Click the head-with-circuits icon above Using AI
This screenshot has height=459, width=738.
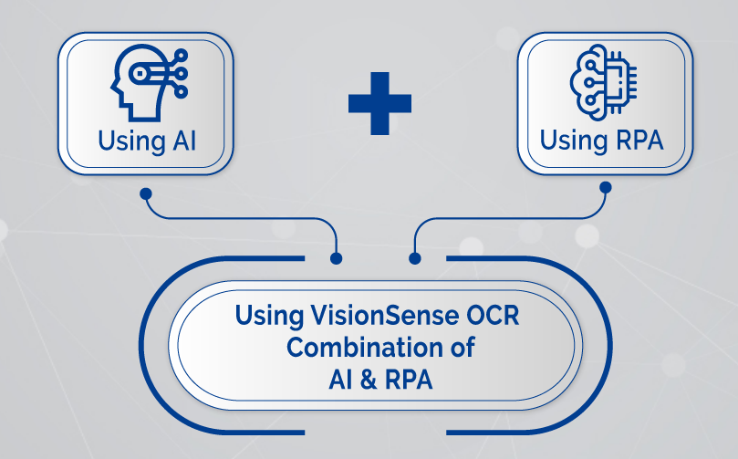point(149,83)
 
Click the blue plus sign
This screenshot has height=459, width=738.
point(379,102)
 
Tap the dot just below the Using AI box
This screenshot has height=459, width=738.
point(145,193)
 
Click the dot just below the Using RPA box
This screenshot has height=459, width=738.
point(605,189)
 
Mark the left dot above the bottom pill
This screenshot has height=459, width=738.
point(337,259)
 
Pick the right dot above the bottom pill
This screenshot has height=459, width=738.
point(416,258)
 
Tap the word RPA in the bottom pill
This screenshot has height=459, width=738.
point(411,379)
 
